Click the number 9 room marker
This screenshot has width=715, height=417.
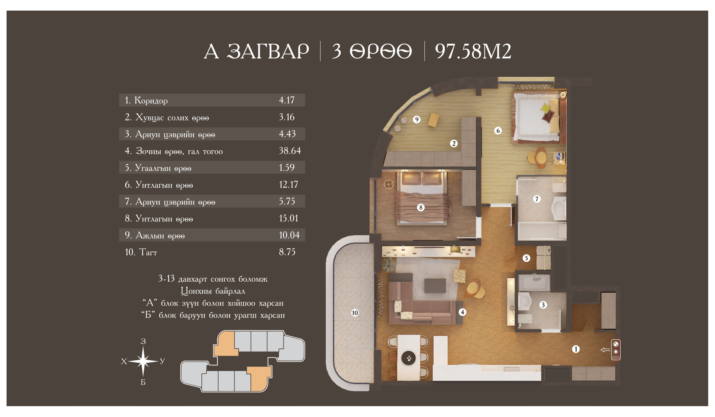(x=417, y=120)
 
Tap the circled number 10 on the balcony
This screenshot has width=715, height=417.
(x=355, y=313)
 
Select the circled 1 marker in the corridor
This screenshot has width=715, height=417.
(x=576, y=349)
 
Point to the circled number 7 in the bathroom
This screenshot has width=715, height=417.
(x=536, y=199)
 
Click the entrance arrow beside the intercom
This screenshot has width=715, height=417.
(x=605, y=350)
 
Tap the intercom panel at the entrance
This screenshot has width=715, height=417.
(x=616, y=350)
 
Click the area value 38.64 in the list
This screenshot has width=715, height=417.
(x=290, y=151)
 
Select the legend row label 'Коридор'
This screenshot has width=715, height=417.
(x=151, y=100)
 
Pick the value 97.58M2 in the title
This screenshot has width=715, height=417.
(x=473, y=51)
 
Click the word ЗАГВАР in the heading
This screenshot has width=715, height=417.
(x=268, y=51)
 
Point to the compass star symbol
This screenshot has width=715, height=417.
(x=143, y=361)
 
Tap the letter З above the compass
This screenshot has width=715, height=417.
(x=143, y=341)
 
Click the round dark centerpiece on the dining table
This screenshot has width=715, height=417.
(x=409, y=358)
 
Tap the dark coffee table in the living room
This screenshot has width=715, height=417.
(x=435, y=285)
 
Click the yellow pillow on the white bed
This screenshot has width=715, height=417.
(x=546, y=108)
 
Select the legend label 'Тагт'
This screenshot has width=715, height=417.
(x=148, y=252)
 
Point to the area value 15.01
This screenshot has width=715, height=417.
(x=289, y=218)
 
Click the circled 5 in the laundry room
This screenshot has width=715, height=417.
(x=526, y=258)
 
